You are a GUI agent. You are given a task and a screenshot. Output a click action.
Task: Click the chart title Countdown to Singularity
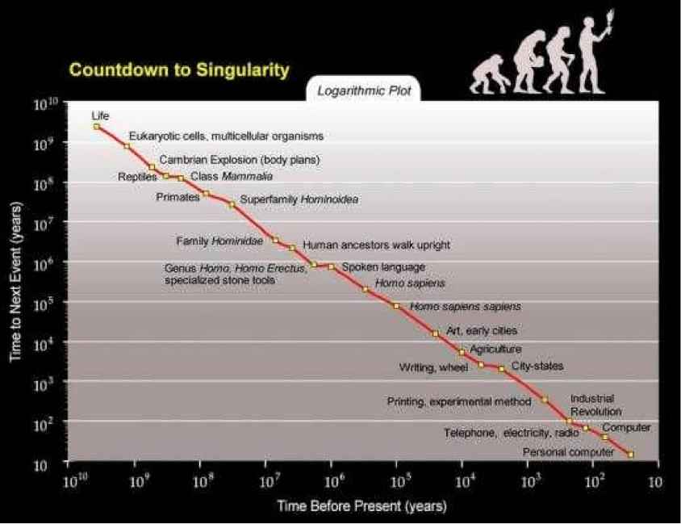pyautogui.click(x=178, y=70)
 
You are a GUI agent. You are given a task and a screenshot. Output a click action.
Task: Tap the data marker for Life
pyautogui.click(x=97, y=127)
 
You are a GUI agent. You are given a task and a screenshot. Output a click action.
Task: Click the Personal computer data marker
pyautogui.click(x=630, y=455)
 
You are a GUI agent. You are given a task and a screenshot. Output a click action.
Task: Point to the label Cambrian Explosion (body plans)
pyautogui.click(x=240, y=160)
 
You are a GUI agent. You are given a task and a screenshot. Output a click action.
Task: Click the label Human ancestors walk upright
pyautogui.click(x=376, y=245)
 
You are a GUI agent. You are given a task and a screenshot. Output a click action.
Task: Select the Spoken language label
pyautogui.click(x=383, y=266)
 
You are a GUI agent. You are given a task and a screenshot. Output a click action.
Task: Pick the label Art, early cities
pyautogui.click(x=481, y=330)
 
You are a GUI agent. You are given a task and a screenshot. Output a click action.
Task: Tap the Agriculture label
pyautogui.click(x=495, y=350)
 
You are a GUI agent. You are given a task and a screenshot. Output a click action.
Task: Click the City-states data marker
pyautogui.click(x=502, y=369)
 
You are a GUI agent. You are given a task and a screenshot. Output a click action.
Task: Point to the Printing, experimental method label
pyautogui.click(x=459, y=401)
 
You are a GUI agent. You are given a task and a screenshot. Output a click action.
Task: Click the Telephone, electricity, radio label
pyautogui.click(x=512, y=433)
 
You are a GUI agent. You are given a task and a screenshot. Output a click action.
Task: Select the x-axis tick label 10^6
pyautogui.click(x=330, y=482)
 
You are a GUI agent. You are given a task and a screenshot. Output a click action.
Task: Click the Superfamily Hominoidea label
pyautogui.click(x=299, y=199)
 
